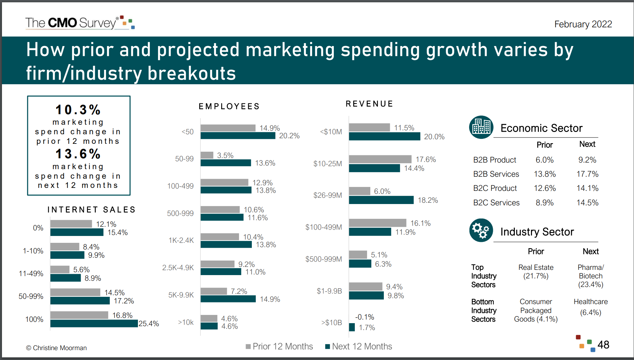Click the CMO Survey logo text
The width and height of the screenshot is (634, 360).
click(71, 23)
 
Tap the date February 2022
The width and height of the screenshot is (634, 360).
click(583, 24)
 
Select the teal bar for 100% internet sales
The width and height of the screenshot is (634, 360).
click(94, 323)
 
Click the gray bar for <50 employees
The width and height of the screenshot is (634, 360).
click(228, 128)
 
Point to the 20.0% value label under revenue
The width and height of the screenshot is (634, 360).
click(434, 137)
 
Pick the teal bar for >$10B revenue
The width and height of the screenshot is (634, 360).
click(352, 327)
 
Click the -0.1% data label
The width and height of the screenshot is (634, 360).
click(364, 317)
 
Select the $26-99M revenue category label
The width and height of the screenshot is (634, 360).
click(327, 195)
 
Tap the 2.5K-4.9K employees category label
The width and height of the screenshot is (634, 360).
click(178, 268)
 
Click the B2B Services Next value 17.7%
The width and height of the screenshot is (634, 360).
click(587, 174)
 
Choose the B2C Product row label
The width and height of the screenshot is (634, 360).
click(495, 188)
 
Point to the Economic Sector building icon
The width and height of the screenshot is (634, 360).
click(481, 127)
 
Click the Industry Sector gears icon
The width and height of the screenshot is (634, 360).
click(481, 230)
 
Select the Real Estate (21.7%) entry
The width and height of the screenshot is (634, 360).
click(536, 271)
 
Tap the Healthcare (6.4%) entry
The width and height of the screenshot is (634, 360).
click(590, 307)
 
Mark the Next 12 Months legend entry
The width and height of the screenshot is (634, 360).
click(358, 346)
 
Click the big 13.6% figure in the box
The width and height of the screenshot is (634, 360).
click(78, 154)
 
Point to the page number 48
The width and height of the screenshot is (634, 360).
click(603, 345)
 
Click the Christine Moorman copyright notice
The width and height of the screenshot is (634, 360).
click(56, 348)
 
